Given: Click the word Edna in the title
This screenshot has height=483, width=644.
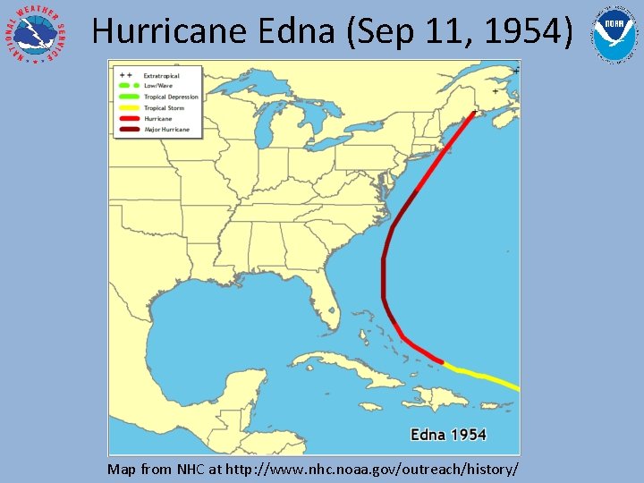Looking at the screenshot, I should tap(295, 31).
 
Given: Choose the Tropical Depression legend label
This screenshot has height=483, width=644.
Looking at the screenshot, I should tap(171, 97).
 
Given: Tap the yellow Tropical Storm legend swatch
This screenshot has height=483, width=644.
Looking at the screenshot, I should tap(127, 108).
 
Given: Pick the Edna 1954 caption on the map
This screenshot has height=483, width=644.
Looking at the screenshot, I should tap(448, 436).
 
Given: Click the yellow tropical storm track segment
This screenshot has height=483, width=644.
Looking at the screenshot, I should tap(483, 376).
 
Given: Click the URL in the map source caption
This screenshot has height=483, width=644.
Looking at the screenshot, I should tap(372, 469).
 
